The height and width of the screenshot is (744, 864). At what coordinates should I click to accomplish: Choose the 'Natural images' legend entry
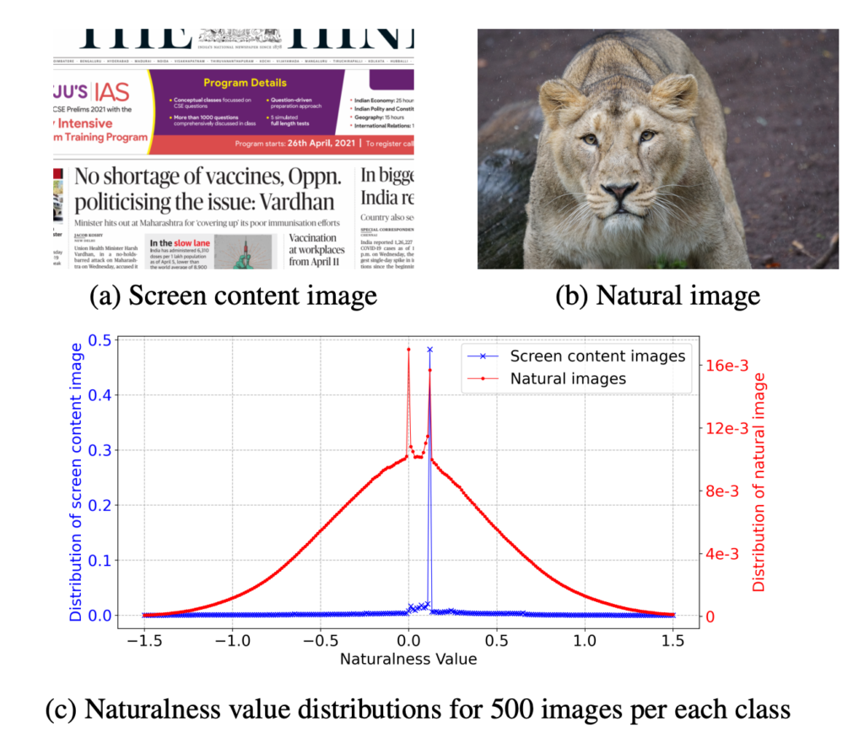568,378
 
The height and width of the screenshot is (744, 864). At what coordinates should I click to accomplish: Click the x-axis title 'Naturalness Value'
408,659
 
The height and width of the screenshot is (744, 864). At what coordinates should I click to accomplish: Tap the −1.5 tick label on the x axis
145,638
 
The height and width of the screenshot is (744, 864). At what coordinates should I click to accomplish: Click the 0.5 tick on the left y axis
98,339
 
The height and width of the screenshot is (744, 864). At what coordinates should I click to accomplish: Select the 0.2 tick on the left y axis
98,505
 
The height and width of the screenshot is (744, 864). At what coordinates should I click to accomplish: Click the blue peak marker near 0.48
429,349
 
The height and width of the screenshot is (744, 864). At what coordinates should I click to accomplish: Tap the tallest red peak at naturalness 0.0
408,349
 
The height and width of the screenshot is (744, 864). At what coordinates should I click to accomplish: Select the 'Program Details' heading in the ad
245,83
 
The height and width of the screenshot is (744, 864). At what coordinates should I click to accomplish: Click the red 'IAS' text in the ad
111,93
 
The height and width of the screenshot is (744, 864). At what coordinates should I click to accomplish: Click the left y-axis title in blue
78,477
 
